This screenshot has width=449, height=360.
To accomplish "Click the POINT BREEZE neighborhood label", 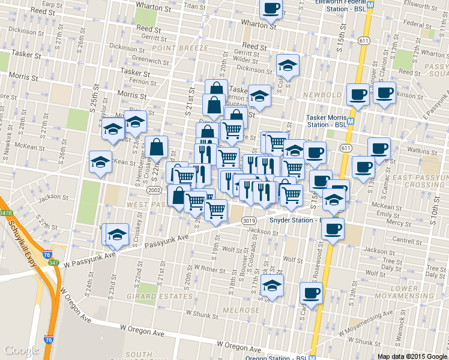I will pyautogui.click(x=179, y=47).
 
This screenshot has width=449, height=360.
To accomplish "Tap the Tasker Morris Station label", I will pyautogui.click(x=327, y=121).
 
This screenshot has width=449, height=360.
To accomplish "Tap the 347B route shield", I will pyautogui.click(x=6, y=213).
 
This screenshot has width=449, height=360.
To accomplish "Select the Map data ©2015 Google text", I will pyautogui.click(x=411, y=356).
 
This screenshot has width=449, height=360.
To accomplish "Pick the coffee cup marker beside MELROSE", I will pyautogui.click(x=311, y=293).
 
